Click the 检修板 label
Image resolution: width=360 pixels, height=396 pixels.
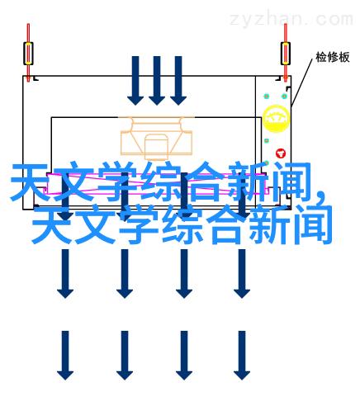pos(333,57)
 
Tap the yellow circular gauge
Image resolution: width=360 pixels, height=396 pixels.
pos(276,118)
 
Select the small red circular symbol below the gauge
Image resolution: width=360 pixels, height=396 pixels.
pos(281,153)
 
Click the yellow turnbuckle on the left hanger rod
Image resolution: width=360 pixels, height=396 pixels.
pos(28,54)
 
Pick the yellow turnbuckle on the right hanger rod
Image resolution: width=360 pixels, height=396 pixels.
pos(286,54)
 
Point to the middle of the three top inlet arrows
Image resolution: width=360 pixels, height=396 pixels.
pos(157,81)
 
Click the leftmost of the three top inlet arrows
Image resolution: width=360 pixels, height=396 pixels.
pos(135,81)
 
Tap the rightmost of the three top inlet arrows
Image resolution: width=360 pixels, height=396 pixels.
pos(178,81)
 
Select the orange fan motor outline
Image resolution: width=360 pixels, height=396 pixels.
pos(156,139)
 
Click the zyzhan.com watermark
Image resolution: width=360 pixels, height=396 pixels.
pos(291,19)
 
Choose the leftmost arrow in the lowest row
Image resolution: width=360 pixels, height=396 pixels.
pos(65,356)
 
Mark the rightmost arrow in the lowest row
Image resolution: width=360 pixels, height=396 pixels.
pos(242,356)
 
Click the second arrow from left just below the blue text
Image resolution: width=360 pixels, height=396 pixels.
pos(125,274)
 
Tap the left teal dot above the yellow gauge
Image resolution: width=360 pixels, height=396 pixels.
pos(267,97)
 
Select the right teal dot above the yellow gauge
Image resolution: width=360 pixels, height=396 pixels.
pos(285,97)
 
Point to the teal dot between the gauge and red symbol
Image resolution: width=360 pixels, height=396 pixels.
pos(267,141)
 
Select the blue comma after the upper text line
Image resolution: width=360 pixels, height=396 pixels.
pos(320,196)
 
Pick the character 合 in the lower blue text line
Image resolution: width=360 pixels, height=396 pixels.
pos(225,224)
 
